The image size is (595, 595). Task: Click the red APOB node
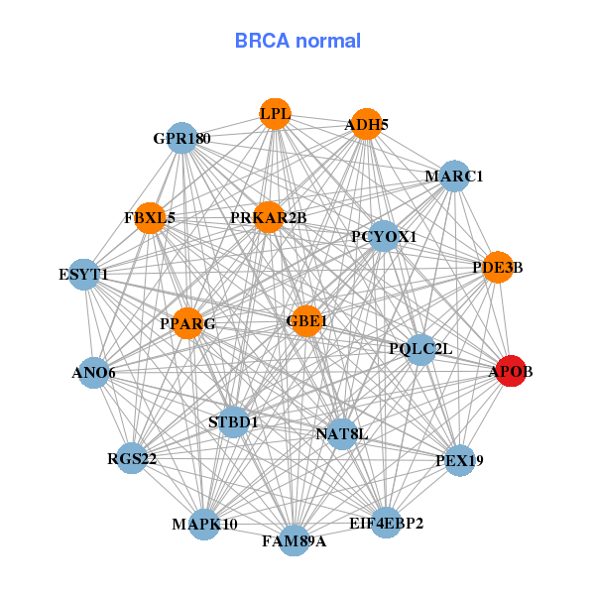click(510, 371)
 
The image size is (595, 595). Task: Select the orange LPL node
click(276, 114)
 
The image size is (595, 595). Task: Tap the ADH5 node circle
click(367, 124)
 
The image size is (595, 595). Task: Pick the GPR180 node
click(182, 138)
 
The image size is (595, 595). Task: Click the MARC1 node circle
click(453, 177)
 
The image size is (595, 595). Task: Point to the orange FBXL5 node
click(150, 217)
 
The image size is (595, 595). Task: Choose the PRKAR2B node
click(269, 217)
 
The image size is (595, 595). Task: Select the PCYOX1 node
click(384, 237)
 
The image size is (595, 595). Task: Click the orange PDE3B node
click(498, 267)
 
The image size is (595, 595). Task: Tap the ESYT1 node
click(84, 274)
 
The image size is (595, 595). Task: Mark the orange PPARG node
click(188, 323)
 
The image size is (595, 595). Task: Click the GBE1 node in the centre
click(306, 320)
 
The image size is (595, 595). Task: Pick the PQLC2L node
click(420, 348)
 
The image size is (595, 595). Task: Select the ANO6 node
click(93, 373)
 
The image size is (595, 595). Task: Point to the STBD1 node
click(234, 422)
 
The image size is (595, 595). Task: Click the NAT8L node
click(341, 433)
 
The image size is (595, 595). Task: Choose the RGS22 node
click(132, 459)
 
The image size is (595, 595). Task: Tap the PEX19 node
click(459, 460)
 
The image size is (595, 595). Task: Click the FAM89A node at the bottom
click(294, 540)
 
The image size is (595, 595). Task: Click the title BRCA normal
click(297, 41)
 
